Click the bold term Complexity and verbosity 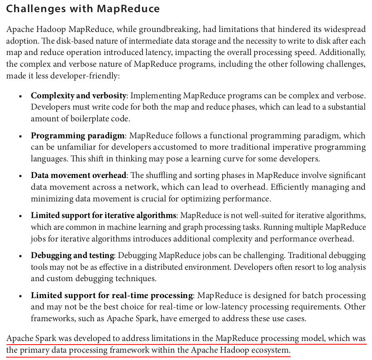click(79, 96)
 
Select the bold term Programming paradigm click(78, 136)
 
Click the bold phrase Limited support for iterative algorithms click(104, 216)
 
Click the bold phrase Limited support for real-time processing click(112, 296)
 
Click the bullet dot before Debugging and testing click(21, 256)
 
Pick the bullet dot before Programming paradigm click(21, 136)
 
